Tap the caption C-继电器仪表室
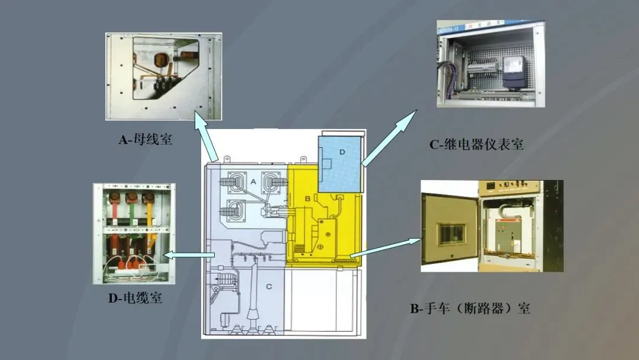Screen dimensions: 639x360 [476, 144]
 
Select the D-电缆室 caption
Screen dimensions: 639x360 [135, 298]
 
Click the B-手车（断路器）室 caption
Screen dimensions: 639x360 [470, 308]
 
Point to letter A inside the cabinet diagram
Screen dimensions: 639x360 [253, 182]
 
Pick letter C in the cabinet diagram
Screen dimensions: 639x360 [269, 287]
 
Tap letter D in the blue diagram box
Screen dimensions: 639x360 [341, 152]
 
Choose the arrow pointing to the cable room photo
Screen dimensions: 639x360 [189, 255]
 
